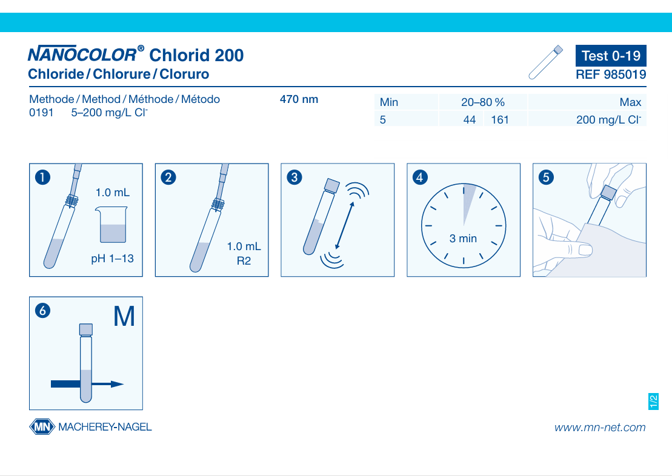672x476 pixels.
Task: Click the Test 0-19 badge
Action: pyautogui.click(x=611, y=56)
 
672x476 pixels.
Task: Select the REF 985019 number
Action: pyautogui.click(x=611, y=74)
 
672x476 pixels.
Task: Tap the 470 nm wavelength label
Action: pyautogui.click(x=299, y=99)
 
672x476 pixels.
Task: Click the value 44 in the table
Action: pyautogui.click(x=469, y=119)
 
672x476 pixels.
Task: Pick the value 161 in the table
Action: pyautogui.click(x=500, y=119)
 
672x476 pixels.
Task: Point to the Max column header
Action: pyautogui.click(x=630, y=102)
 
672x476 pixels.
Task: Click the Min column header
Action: pyautogui.click(x=388, y=102)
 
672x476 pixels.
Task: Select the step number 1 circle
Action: pyautogui.click(x=42, y=177)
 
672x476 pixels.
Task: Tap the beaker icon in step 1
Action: pyautogui.click(x=111, y=225)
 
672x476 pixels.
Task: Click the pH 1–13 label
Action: pyautogui.click(x=112, y=259)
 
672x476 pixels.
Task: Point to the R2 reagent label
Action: pyautogui.click(x=244, y=261)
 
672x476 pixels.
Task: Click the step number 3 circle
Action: pyautogui.click(x=294, y=177)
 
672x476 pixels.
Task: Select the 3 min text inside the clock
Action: pyautogui.click(x=463, y=239)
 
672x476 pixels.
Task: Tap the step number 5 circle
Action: pyautogui.click(x=545, y=177)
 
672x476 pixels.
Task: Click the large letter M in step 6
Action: pyautogui.click(x=124, y=317)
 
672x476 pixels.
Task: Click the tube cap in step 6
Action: pyautogui.click(x=85, y=329)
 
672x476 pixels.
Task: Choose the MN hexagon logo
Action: pyautogui.click(x=42, y=427)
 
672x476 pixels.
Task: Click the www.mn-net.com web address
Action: pyautogui.click(x=600, y=428)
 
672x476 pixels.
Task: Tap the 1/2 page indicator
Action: pyautogui.click(x=653, y=402)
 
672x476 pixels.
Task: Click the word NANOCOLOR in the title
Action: pyautogui.click(x=82, y=55)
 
